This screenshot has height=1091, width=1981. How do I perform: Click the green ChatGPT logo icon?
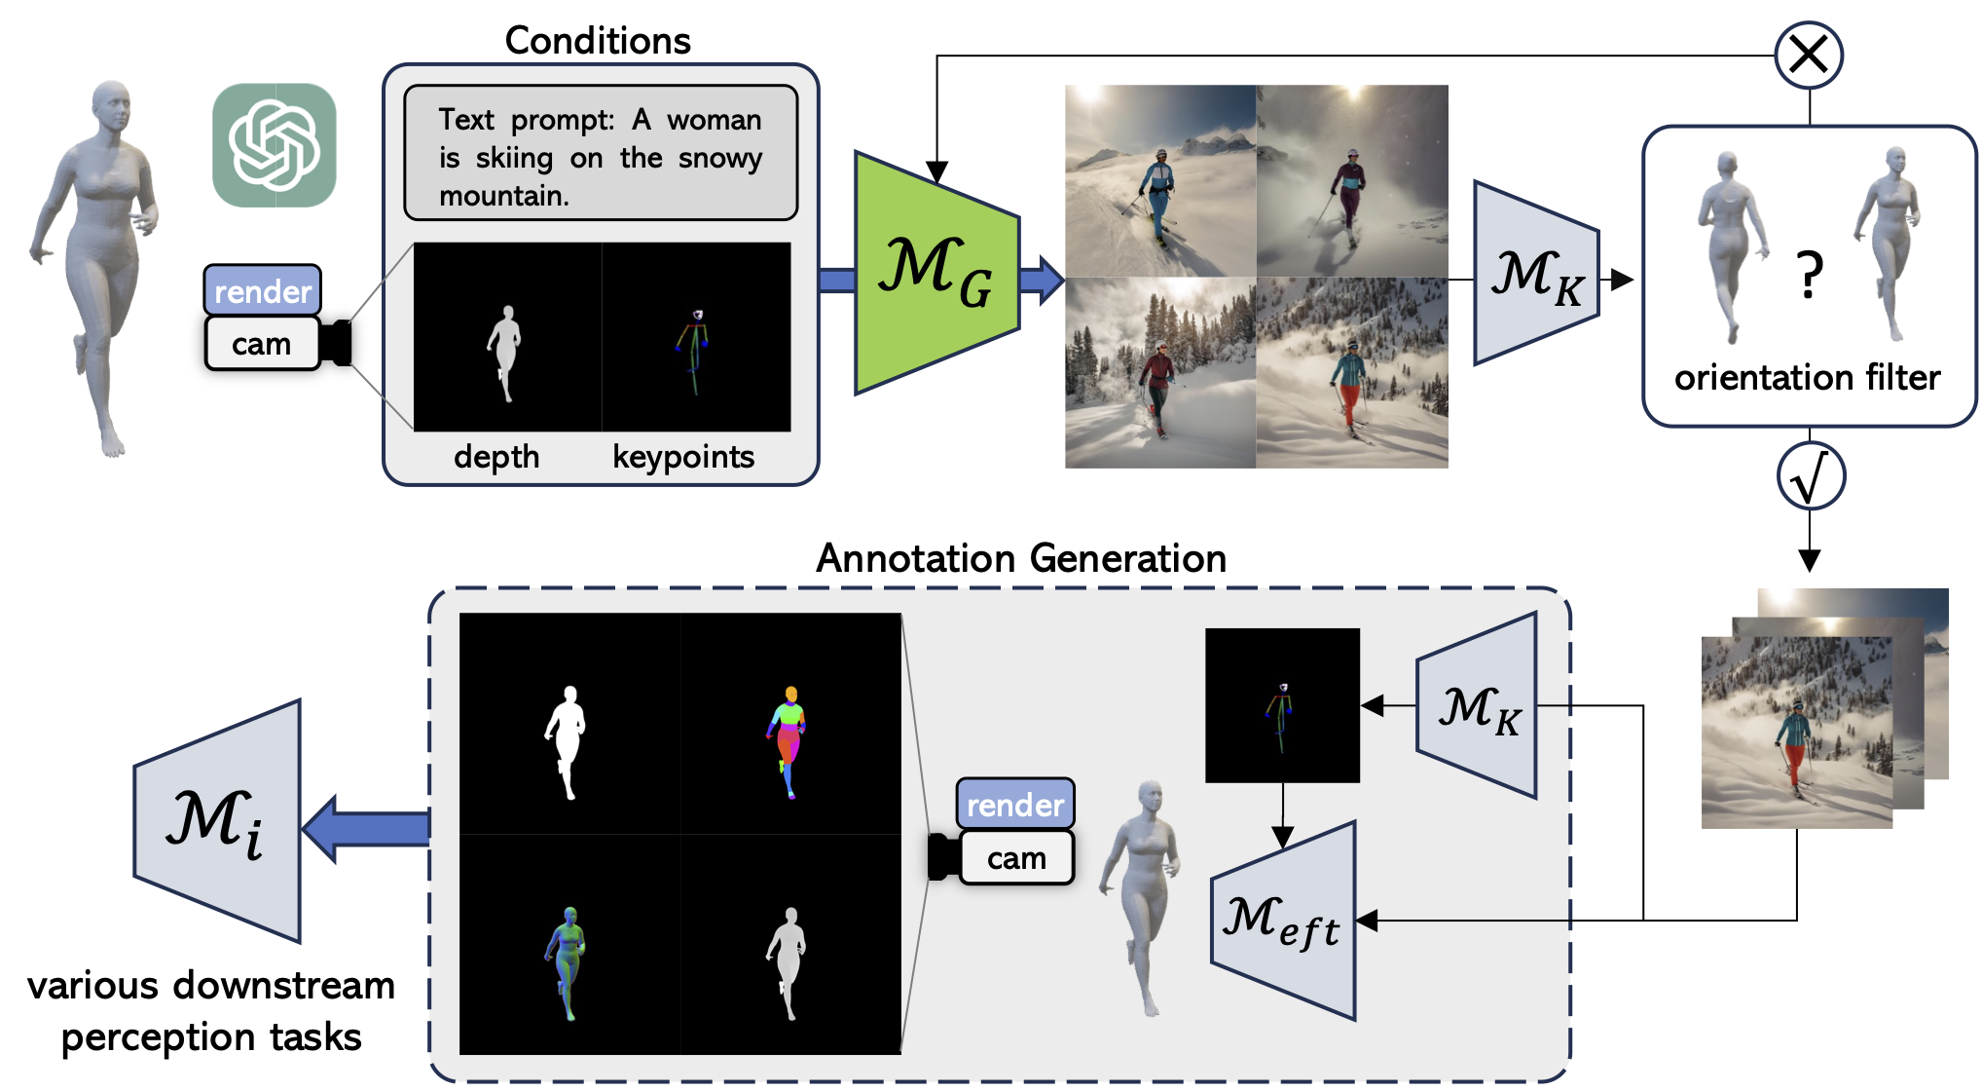pyautogui.click(x=275, y=145)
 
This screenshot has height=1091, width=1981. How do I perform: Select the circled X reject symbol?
pyautogui.click(x=1808, y=56)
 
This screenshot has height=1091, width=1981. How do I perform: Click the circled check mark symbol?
pyautogui.click(x=1810, y=476)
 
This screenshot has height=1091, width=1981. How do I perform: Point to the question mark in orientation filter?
pyautogui.click(x=1809, y=276)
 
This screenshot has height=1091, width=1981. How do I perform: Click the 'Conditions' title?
pyautogui.click(x=598, y=41)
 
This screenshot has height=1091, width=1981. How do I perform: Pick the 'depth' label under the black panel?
pyautogui.click(x=496, y=457)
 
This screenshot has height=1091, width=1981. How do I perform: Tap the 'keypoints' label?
pyautogui.click(x=683, y=457)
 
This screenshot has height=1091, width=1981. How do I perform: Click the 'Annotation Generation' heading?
pyautogui.click(x=1020, y=558)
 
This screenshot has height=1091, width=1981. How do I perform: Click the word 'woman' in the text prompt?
pyautogui.click(x=714, y=120)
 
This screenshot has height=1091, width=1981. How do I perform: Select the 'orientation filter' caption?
pyautogui.click(x=1807, y=377)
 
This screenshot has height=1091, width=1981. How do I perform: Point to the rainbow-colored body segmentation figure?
pyautogui.click(x=789, y=740)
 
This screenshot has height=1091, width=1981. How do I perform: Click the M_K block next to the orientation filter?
pyautogui.click(x=1536, y=274)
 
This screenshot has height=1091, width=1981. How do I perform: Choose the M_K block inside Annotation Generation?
pyautogui.click(x=1478, y=706)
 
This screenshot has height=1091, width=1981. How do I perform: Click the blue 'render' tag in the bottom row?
pyautogui.click(x=1014, y=805)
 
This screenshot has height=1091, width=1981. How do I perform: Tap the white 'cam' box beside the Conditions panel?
pyautogui.click(x=261, y=344)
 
